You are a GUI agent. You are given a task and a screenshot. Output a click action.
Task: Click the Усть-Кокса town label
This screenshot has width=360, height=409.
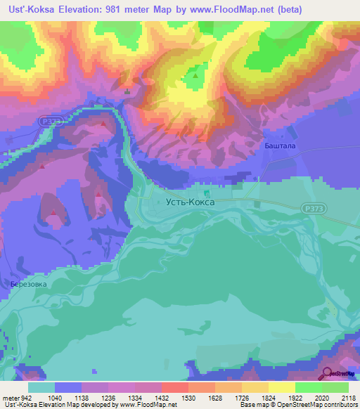coord(189,202)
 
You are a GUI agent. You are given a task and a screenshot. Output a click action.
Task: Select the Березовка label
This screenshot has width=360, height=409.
coord(29,284)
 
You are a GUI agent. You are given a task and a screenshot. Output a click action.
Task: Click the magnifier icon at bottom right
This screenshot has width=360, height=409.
coord(326,375)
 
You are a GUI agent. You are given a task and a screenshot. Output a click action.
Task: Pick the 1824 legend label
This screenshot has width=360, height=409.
coord(256,397)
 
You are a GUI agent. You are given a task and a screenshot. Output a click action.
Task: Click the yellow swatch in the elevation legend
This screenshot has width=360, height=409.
coord(281,387)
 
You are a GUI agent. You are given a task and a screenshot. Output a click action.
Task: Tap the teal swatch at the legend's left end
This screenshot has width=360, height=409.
coord(41,387)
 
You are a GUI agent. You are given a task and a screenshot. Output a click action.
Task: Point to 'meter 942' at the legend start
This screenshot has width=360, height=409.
coord(16,397)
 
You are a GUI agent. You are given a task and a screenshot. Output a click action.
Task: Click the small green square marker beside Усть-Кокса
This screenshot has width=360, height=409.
coord(206,193)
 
